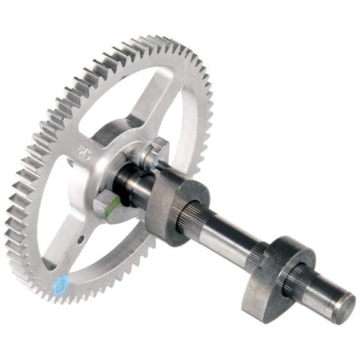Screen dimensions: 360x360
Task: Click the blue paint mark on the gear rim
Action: pos(61,285)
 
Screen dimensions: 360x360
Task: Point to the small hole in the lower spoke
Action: pos(81,239)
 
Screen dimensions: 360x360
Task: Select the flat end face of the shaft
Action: pos(343,309)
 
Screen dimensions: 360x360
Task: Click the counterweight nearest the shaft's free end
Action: pos(275,275)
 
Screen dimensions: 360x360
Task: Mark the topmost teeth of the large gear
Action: pos(156,42)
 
